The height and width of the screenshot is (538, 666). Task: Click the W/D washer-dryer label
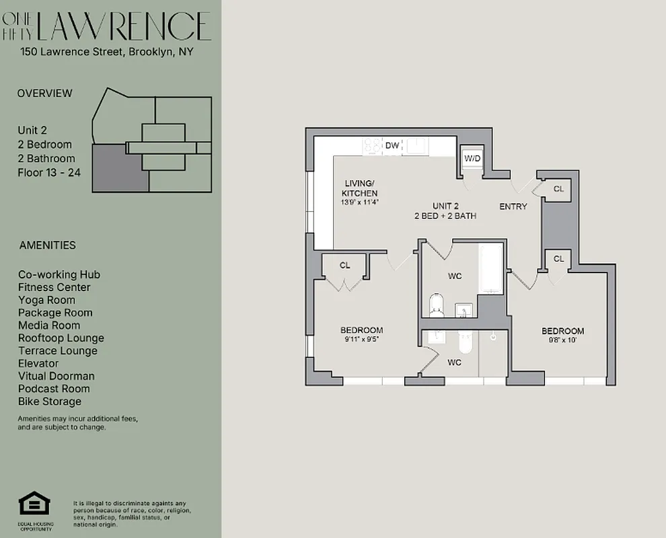click(472, 158)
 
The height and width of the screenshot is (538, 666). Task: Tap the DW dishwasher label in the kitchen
click(392, 145)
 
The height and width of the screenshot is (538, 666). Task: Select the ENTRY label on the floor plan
click(513, 206)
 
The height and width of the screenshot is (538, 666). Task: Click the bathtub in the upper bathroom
click(490, 268)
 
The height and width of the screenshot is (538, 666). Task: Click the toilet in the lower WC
click(464, 344)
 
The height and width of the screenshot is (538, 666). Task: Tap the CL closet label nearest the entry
click(558, 190)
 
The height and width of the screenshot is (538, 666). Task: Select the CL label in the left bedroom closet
click(345, 266)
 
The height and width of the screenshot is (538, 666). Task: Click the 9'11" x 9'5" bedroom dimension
click(361, 340)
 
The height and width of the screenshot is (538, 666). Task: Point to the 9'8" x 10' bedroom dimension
click(562, 340)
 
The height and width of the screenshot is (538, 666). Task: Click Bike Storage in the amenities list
click(50, 401)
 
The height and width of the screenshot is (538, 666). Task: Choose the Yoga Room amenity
click(46, 300)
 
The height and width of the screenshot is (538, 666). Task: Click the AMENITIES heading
click(48, 245)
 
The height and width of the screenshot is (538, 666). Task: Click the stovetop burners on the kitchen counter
click(371, 145)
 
